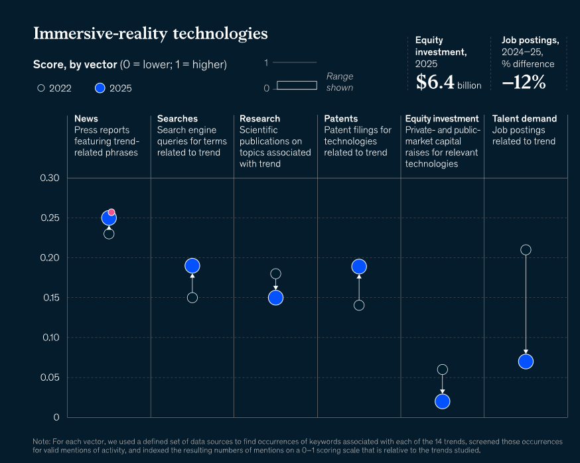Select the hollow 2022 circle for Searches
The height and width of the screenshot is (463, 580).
[192, 298]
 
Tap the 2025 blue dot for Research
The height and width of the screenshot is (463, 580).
[275, 298]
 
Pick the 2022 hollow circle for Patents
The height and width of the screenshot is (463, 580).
[359, 306]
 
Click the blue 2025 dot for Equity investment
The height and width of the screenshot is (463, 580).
[443, 401]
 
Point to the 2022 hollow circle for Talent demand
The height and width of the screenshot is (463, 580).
[526, 250]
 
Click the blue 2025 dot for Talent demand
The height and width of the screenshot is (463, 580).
[526, 362]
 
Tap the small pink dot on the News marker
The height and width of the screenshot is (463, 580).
[111, 212]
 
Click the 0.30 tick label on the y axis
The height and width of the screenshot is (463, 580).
[50, 178]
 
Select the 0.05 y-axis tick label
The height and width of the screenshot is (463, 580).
[50, 377]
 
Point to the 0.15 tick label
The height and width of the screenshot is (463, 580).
[51, 298]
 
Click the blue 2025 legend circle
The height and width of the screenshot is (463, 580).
[100, 88]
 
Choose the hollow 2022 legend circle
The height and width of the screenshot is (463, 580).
[41, 88]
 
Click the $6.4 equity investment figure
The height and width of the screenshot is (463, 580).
[435, 82]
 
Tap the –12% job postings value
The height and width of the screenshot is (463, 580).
[524, 82]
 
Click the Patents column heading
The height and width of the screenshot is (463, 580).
[340, 119]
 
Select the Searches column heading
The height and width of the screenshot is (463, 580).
[177, 119]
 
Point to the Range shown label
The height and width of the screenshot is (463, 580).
[340, 82]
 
